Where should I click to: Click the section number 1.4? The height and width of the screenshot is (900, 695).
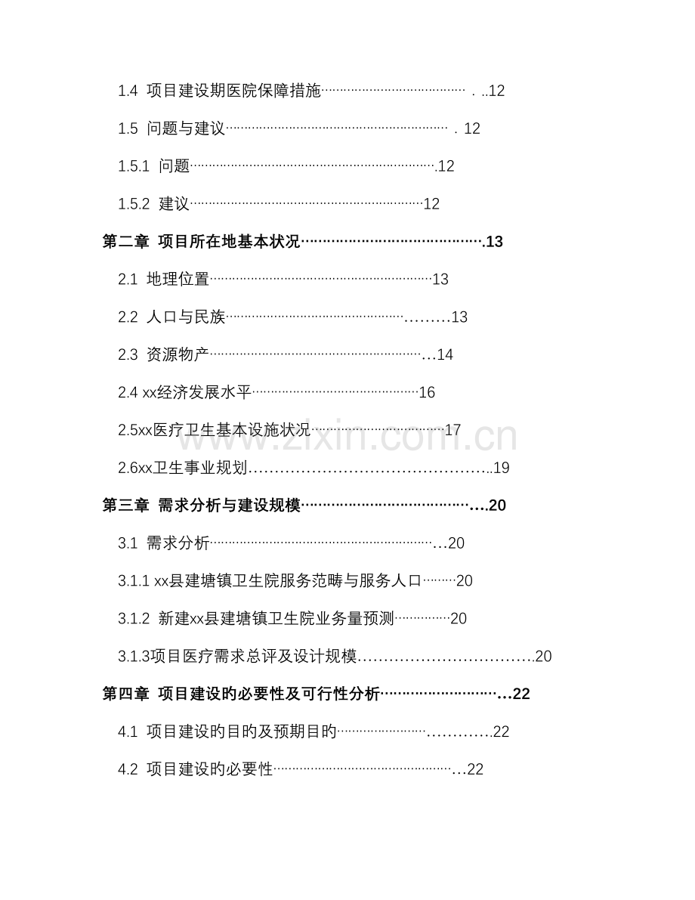click(x=128, y=91)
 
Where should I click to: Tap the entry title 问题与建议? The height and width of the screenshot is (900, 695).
click(x=186, y=128)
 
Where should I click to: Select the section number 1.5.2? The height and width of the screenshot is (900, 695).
click(x=134, y=204)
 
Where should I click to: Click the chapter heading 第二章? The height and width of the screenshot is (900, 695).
click(x=125, y=242)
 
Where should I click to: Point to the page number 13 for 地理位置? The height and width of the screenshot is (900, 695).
click(x=440, y=280)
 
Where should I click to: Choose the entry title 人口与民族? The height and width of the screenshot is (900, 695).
click(x=186, y=317)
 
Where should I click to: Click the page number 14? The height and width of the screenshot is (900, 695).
click(x=445, y=354)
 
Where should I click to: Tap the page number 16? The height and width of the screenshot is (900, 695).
click(x=427, y=393)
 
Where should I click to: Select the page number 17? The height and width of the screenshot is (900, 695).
click(x=453, y=431)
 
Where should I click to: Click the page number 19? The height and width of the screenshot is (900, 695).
click(x=502, y=469)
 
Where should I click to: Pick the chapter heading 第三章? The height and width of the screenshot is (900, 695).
click(x=125, y=506)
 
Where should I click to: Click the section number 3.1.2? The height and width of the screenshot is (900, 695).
click(x=134, y=619)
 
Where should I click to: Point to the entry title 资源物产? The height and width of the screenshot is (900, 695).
click(x=178, y=354)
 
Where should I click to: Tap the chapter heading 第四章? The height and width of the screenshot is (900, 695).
click(x=125, y=694)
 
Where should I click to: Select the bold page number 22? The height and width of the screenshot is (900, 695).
click(x=521, y=694)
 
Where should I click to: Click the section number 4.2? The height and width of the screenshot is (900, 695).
click(x=128, y=770)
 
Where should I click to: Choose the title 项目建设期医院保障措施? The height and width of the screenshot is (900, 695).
click(x=233, y=91)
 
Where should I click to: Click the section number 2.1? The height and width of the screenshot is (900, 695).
click(x=128, y=280)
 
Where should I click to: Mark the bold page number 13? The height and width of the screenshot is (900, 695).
click(x=494, y=242)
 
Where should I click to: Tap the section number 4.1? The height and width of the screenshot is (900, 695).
click(x=128, y=731)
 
